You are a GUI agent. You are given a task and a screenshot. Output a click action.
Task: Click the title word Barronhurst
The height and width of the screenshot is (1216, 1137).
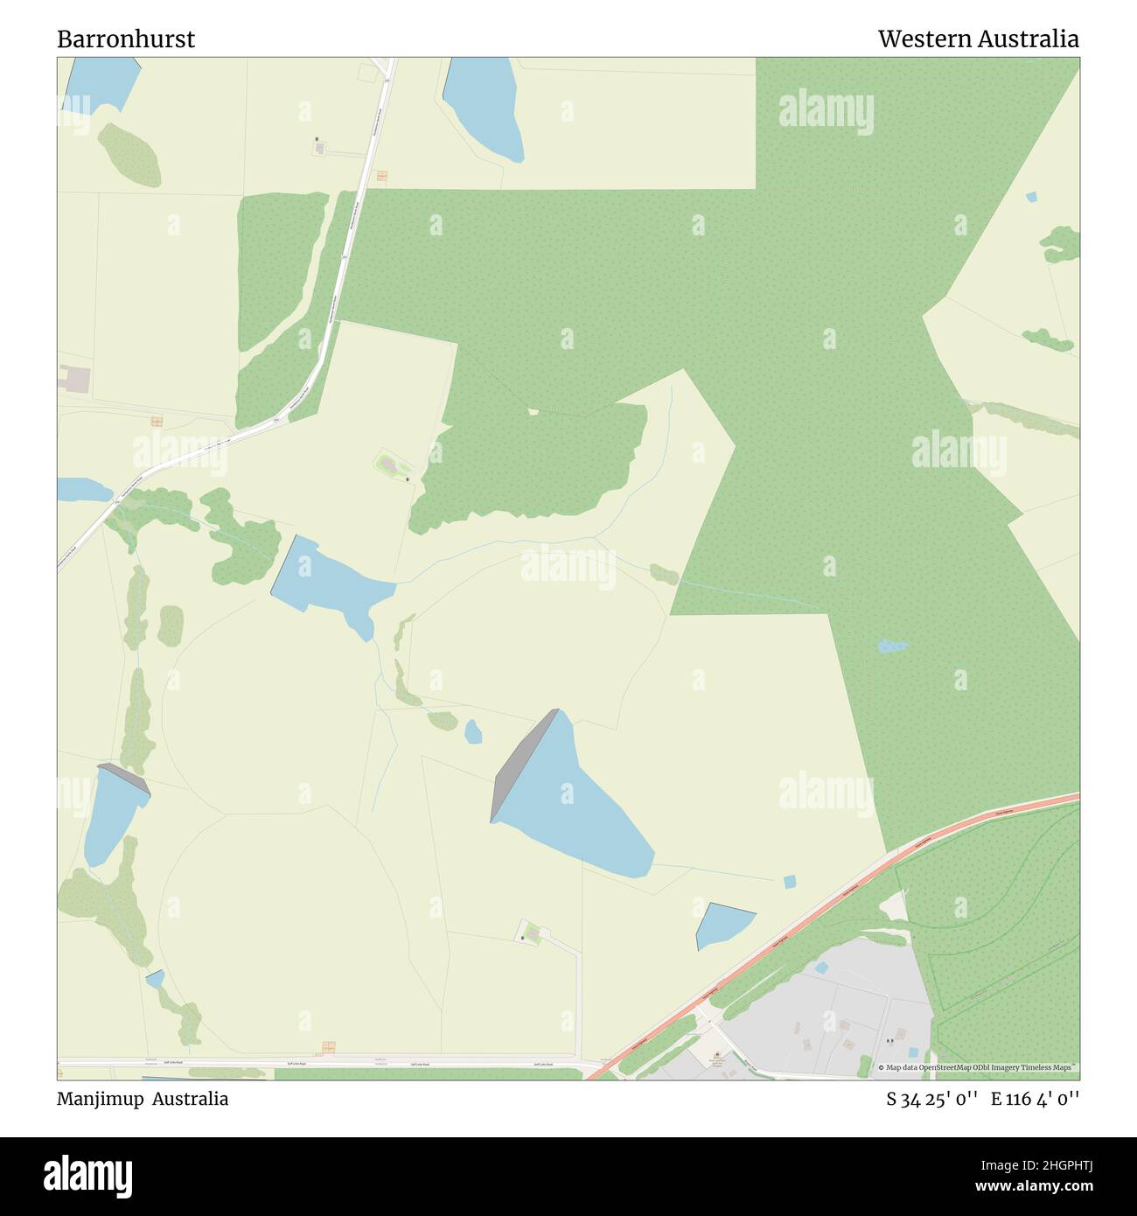pos(126,39)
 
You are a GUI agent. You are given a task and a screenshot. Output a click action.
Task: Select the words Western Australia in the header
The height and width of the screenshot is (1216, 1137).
pos(978,39)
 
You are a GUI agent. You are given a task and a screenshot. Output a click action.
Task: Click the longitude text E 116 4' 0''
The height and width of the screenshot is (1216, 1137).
pos(1035,1099)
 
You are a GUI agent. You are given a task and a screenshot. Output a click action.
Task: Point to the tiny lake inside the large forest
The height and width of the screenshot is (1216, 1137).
pos(891,646)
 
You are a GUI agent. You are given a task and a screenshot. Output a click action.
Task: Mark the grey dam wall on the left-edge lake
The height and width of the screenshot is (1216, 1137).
pos(124,778)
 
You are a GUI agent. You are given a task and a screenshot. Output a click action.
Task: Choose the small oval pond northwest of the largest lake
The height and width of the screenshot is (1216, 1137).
pos(473,731)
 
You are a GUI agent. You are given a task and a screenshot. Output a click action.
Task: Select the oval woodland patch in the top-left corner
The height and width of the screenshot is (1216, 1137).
pos(129,155)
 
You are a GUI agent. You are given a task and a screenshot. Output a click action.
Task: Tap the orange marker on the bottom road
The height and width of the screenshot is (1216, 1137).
pos(329,1048)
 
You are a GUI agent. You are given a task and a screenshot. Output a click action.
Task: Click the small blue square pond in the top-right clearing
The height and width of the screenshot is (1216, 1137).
pos(1031,197)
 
